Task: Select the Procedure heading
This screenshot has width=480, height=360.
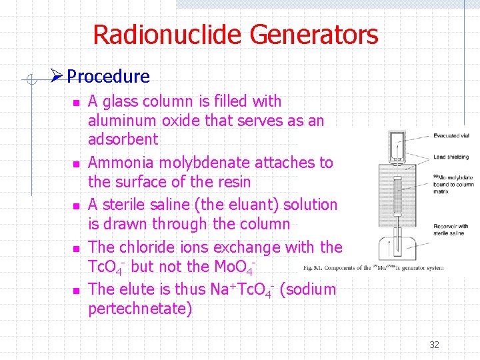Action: coord(108,77)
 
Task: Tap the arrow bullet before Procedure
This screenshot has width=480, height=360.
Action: coord(58,77)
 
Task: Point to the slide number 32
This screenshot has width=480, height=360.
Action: coord(434,345)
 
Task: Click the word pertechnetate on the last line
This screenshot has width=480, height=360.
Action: coord(140,309)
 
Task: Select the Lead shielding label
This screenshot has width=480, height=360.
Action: coord(451,157)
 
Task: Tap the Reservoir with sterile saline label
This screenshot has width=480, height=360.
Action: coord(451,229)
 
